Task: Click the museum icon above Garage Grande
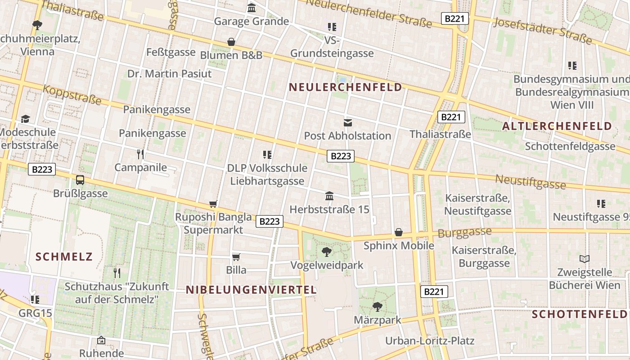click(x=252, y=8)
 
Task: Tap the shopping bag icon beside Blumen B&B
click(x=231, y=42)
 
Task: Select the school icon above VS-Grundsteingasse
click(x=332, y=27)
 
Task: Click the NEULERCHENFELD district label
click(x=346, y=87)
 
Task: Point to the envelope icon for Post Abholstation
click(x=348, y=122)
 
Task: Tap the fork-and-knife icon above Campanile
click(x=140, y=154)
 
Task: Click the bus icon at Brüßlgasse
click(x=80, y=180)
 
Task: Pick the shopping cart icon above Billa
click(x=236, y=257)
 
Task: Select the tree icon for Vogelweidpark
click(x=327, y=252)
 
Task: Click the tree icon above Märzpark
click(x=377, y=307)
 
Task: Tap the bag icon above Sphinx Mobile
click(x=399, y=232)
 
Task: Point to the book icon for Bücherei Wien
click(x=585, y=259)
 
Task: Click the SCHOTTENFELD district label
click(x=580, y=315)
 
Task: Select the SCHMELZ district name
click(x=64, y=257)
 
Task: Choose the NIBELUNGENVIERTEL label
click(x=252, y=290)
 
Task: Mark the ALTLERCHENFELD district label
click(x=557, y=126)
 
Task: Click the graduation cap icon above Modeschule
click(x=26, y=119)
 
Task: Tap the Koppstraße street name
click(x=72, y=94)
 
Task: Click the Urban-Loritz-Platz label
click(x=430, y=341)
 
